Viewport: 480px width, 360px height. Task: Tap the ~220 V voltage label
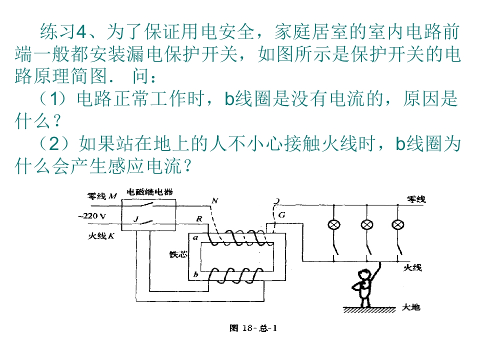point(91,216)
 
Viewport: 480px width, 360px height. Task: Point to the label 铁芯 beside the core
point(178,254)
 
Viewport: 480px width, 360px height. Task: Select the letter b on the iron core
point(195,274)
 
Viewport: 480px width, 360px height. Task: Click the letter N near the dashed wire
point(215,201)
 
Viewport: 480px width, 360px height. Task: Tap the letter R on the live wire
point(199,218)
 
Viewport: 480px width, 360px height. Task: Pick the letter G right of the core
point(282,215)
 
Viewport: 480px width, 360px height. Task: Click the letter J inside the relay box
point(136,218)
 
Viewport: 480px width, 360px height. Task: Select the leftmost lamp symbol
point(333,224)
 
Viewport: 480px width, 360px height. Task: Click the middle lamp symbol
point(368,224)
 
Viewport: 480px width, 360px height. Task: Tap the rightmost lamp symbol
point(398,224)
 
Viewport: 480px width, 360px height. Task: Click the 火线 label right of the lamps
point(413,268)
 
